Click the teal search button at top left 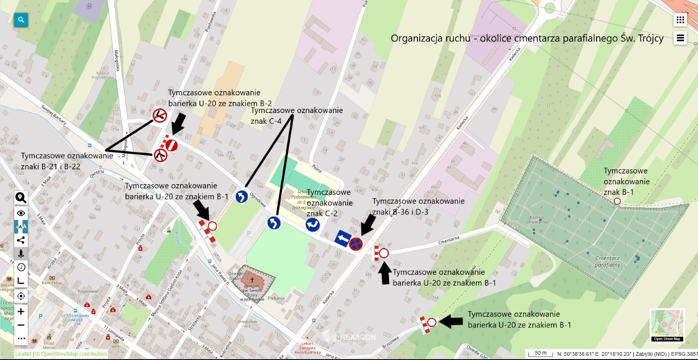tap(21, 20)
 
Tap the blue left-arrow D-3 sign tap(342, 239)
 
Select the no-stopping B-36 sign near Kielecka tap(356, 244)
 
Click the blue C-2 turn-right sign tap(312, 225)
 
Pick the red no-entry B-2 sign tap(172, 145)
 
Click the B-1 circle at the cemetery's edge tap(617, 201)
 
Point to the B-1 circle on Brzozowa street tap(431, 322)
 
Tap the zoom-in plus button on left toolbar tap(21, 311)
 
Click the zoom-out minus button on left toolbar tap(21, 325)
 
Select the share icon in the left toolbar tap(21, 240)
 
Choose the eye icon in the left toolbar tap(21, 213)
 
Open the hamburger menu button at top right tap(680, 38)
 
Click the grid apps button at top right tap(680, 20)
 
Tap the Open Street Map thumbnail tap(667, 325)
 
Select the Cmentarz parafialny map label tap(608, 261)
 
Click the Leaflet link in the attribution tap(23, 354)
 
